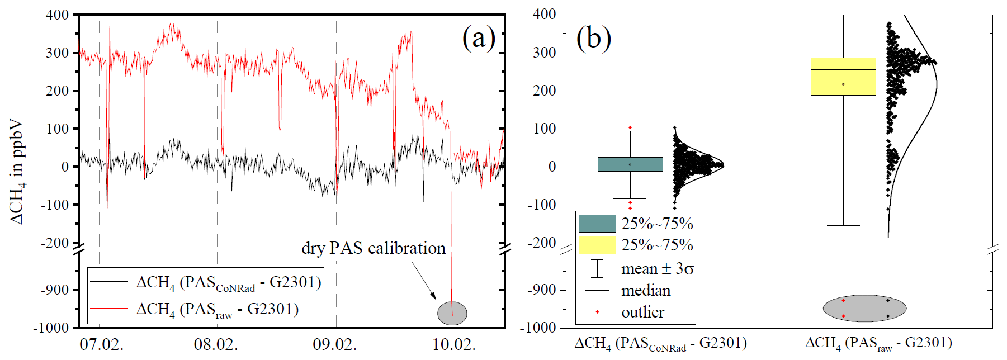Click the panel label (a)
coord(479,39)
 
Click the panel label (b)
coord(593,39)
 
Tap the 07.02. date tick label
coord(102,344)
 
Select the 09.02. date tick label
coord(334,344)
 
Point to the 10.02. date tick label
coord(454,344)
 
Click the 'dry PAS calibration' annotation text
coord(374,248)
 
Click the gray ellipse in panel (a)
coord(452,313)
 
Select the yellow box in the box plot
coord(843,77)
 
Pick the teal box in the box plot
coord(630,164)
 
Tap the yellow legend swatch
coord(597,245)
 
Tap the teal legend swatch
coord(597,224)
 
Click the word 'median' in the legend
coord(646,291)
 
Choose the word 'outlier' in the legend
coord(642,312)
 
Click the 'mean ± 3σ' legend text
coord(658,269)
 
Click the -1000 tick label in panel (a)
coord(51,328)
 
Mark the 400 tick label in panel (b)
coord(544,14)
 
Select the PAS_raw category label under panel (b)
coord(878,343)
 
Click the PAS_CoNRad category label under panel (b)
coord(660,343)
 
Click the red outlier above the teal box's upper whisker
coord(630,127)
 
